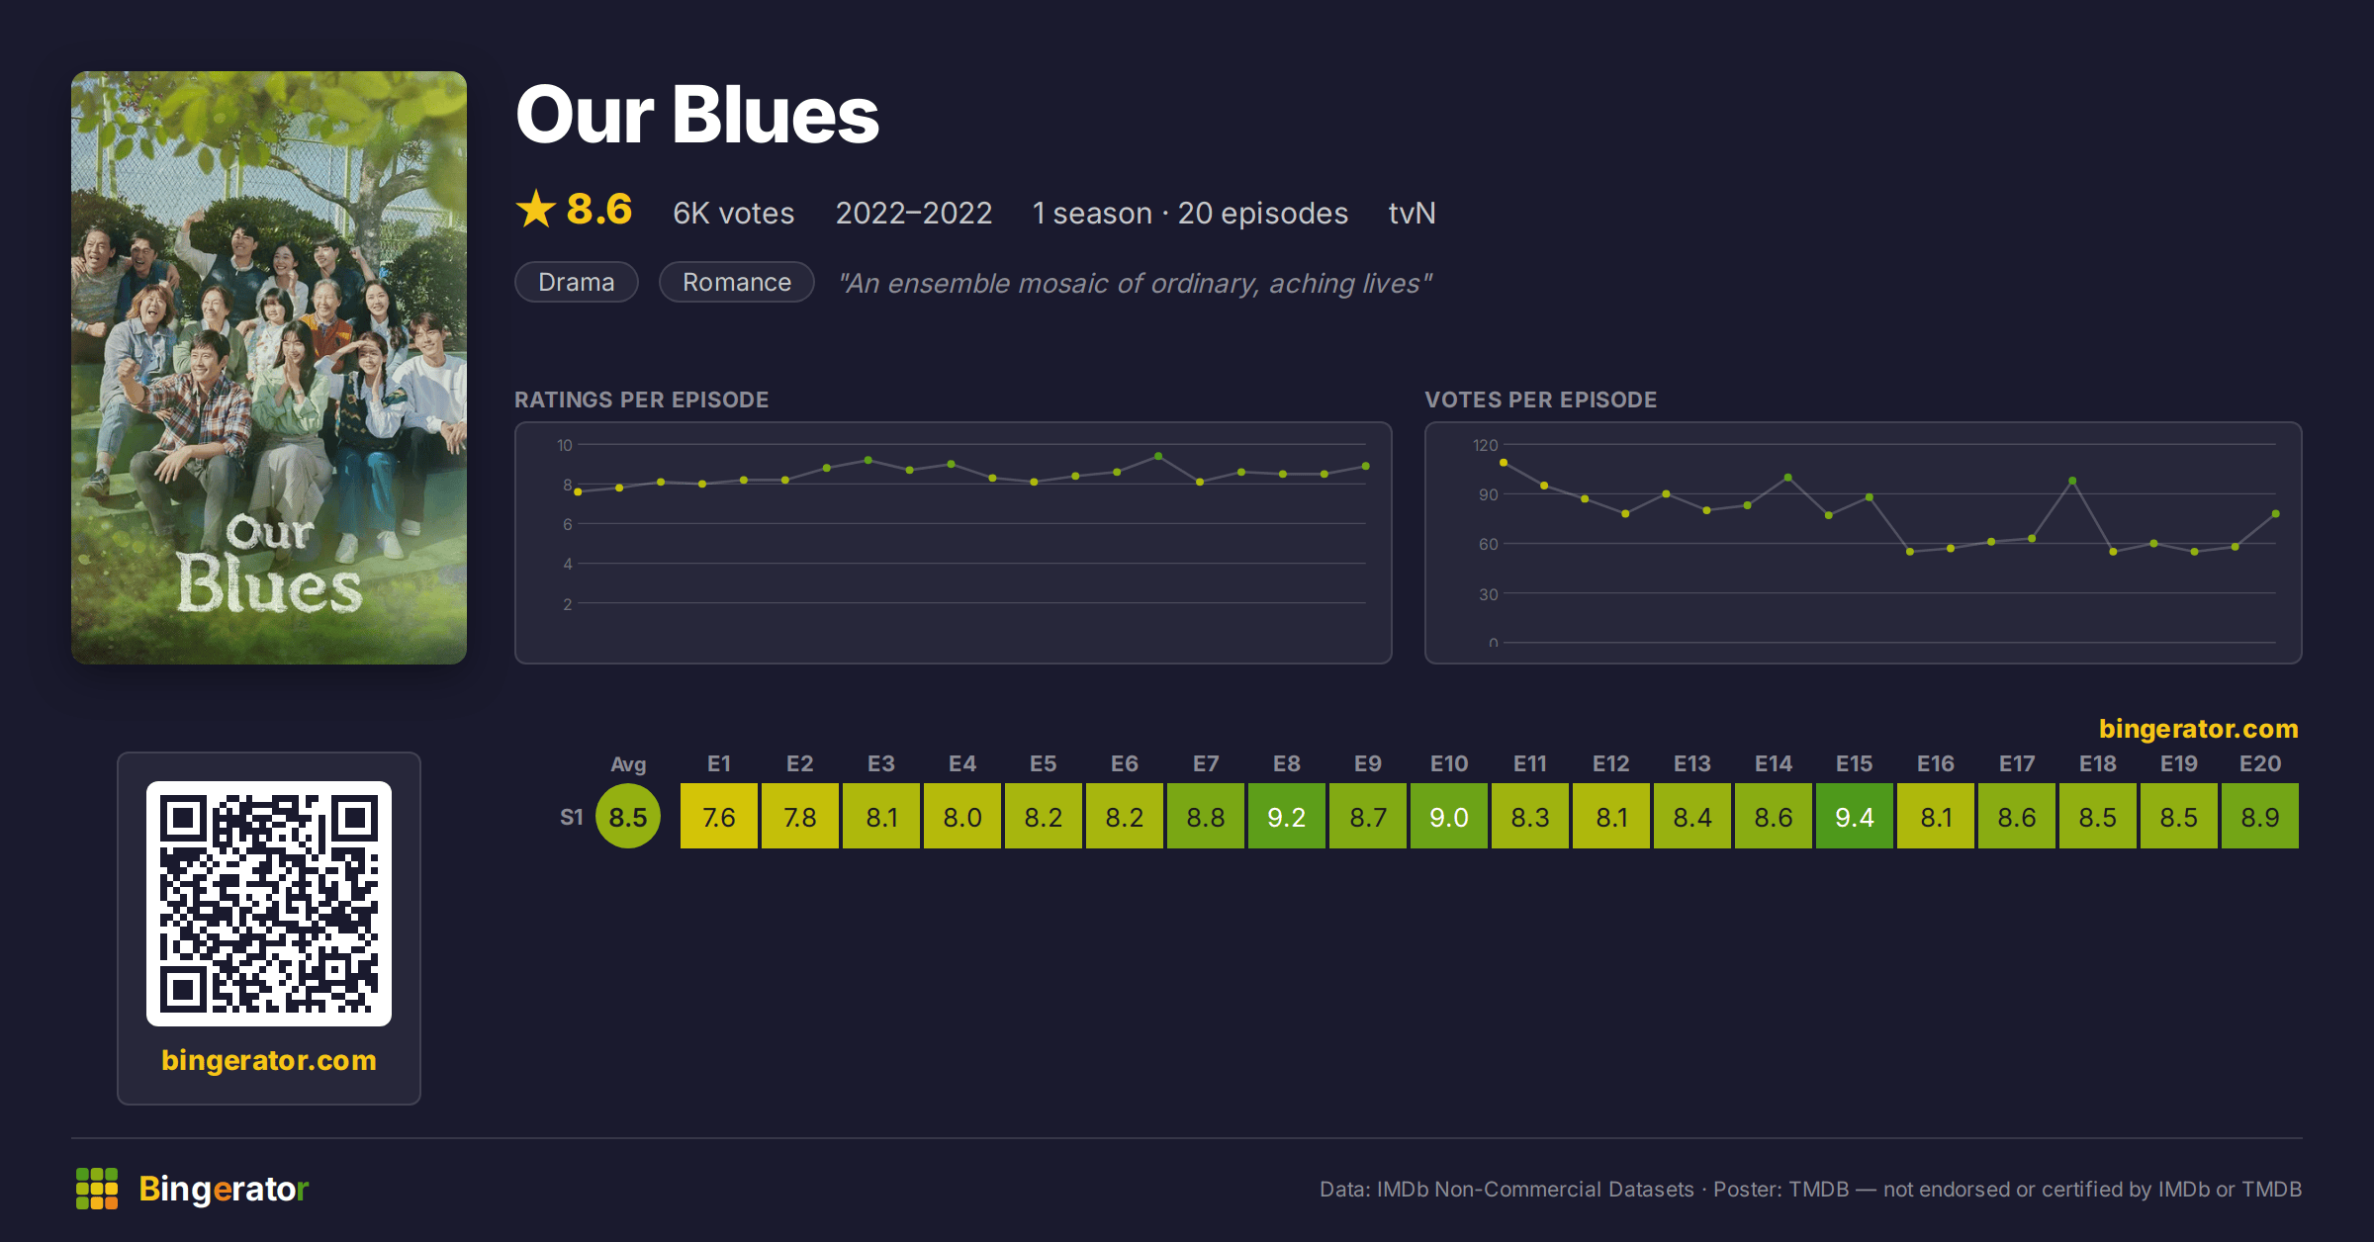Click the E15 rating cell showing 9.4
click(1854, 816)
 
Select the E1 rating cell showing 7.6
click(719, 816)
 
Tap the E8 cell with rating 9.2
click(1286, 816)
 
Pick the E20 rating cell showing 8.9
click(2259, 816)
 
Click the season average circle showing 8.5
click(628, 816)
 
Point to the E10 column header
click(1448, 763)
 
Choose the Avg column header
click(628, 763)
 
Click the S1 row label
click(572, 817)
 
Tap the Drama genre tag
click(577, 282)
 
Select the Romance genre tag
click(737, 282)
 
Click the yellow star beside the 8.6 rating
click(536, 209)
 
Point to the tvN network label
click(1412, 213)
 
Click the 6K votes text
click(733, 213)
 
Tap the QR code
click(269, 904)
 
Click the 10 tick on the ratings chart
click(565, 445)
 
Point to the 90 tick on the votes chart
click(1489, 494)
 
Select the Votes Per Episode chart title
click(1540, 399)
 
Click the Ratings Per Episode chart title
click(641, 399)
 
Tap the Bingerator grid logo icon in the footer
click(97, 1189)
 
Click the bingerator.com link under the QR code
click(269, 1060)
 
